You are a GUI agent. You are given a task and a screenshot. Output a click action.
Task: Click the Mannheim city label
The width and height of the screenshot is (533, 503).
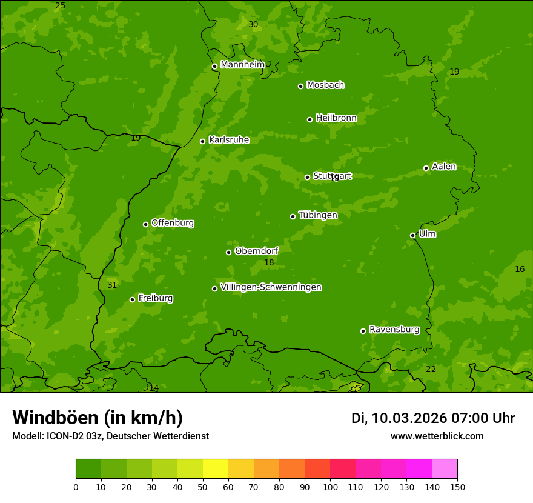[x=242, y=65]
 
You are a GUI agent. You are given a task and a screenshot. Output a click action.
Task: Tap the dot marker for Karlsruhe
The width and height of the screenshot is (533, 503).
[x=203, y=141]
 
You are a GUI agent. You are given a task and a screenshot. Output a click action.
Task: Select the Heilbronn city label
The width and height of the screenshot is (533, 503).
[x=336, y=118]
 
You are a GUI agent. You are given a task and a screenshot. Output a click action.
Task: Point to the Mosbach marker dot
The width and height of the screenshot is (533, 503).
[x=300, y=86]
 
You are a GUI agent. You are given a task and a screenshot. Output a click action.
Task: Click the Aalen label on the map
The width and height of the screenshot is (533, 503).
[x=444, y=167]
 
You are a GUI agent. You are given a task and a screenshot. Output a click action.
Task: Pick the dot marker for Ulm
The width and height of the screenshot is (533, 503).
[x=413, y=235]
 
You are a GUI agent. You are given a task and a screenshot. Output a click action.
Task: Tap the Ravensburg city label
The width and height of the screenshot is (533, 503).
[x=394, y=330]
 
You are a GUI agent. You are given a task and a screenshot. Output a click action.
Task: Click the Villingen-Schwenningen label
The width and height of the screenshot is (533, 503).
[x=271, y=287]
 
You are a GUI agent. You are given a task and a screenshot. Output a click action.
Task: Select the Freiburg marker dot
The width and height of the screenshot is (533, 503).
[x=132, y=299]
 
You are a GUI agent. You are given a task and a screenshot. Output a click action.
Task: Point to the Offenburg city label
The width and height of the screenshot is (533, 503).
[x=173, y=223]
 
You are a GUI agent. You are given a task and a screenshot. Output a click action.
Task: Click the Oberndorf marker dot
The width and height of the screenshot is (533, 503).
[x=228, y=252]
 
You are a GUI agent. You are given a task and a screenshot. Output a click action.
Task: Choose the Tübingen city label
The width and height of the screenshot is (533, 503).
[x=318, y=215]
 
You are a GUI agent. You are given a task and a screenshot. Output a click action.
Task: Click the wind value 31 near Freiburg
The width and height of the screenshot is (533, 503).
[x=112, y=285]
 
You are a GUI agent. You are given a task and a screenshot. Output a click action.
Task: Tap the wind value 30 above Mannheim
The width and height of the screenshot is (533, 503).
[x=253, y=24]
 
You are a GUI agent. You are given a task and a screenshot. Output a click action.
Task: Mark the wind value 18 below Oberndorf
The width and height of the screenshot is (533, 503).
[x=269, y=262]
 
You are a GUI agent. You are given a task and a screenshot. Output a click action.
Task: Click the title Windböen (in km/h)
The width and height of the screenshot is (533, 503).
[x=98, y=418]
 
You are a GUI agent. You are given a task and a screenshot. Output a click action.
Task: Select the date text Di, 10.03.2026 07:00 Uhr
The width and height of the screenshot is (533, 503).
[x=433, y=418]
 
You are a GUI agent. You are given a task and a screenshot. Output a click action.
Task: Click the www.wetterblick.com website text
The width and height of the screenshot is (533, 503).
[x=437, y=436]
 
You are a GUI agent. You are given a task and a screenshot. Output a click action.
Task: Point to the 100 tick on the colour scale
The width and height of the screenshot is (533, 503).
[x=330, y=487]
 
